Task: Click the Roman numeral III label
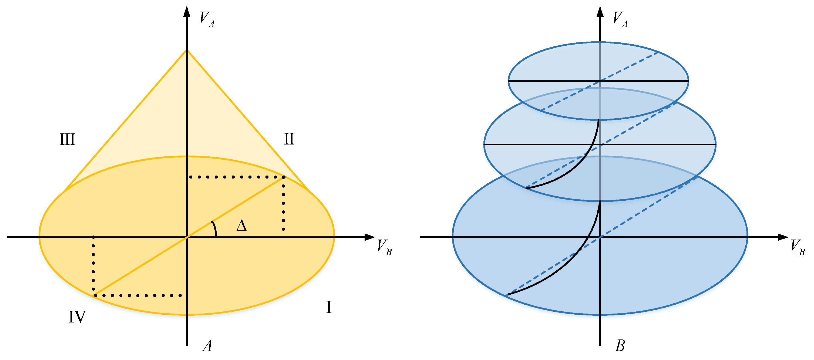(x=67, y=139)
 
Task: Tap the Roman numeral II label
(x=289, y=139)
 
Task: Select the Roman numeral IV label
(x=77, y=317)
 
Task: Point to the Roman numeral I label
(x=329, y=307)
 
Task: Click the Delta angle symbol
(x=242, y=226)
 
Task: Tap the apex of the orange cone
(x=187, y=50)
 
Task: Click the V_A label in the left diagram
(x=207, y=19)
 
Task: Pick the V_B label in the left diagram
(x=384, y=247)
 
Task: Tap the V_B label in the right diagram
(x=797, y=247)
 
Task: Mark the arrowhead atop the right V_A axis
(x=600, y=11)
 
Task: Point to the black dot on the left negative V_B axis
(x=93, y=237)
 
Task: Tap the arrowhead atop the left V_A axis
(x=187, y=11)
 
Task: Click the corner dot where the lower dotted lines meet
(x=95, y=295)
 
